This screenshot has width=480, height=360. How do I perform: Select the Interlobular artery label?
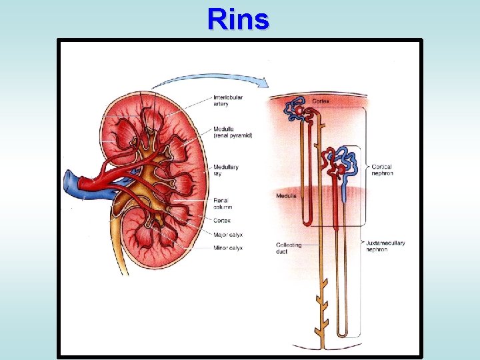(229, 101)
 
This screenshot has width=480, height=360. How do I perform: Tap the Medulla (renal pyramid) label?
(233, 132)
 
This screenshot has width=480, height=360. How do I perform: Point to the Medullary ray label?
(226, 170)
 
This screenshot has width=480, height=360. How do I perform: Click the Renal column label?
(224, 203)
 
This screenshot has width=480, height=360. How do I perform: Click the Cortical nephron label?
(382, 170)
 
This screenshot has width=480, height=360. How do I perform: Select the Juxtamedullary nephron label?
(385, 246)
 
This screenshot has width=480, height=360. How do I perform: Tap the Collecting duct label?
(289, 248)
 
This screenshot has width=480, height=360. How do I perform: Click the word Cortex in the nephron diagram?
(321, 101)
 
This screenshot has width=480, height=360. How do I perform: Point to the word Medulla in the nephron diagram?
(287, 195)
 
